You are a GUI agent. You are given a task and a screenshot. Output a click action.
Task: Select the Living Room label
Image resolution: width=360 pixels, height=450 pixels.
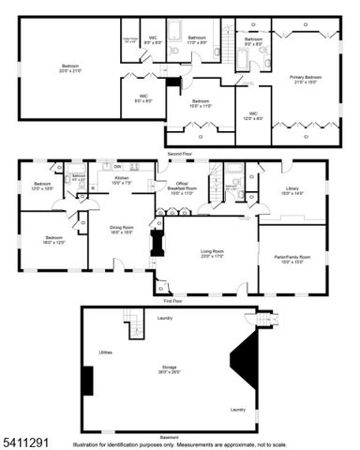coord(213,252)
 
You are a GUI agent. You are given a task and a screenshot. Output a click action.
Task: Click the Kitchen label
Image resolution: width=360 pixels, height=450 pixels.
coord(122,178)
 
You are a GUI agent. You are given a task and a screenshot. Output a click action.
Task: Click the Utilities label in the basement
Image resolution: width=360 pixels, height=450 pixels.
coord(106,352)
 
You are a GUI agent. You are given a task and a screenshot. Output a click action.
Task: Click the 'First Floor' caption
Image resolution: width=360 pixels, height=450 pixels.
coord(173,301)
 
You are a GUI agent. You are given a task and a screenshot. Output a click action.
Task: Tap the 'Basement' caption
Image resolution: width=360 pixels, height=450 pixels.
coord(169,437)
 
